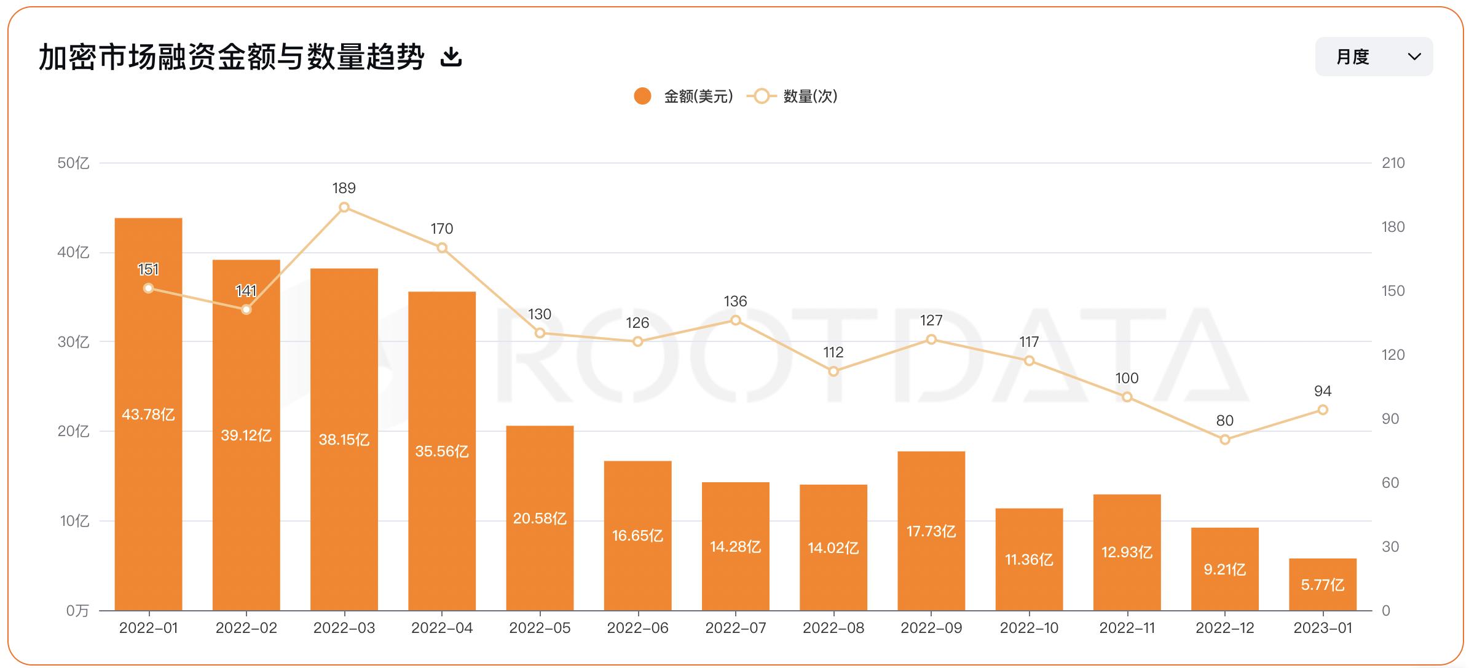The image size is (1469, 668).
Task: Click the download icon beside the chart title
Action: (x=451, y=57)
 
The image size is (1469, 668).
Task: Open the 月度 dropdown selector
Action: (x=1373, y=57)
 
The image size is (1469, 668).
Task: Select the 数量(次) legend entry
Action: (x=793, y=97)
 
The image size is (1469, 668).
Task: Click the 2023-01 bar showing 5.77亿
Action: (x=1322, y=584)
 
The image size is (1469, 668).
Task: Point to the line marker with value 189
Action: (x=344, y=207)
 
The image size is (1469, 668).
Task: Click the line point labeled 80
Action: (x=1224, y=440)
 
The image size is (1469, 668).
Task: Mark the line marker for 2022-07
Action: (x=735, y=320)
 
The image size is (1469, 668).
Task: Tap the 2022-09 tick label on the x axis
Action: (x=931, y=628)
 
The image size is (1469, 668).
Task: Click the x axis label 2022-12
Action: (x=1224, y=628)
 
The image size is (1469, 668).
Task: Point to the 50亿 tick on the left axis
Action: (x=73, y=163)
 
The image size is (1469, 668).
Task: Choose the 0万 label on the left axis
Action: (x=77, y=611)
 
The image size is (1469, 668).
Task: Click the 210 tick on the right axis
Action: (x=1393, y=163)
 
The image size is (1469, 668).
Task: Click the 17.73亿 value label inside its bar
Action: (x=931, y=531)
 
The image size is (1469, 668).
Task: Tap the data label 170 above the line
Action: (x=441, y=229)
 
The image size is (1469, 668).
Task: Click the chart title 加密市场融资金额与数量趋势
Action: (x=231, y=57)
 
